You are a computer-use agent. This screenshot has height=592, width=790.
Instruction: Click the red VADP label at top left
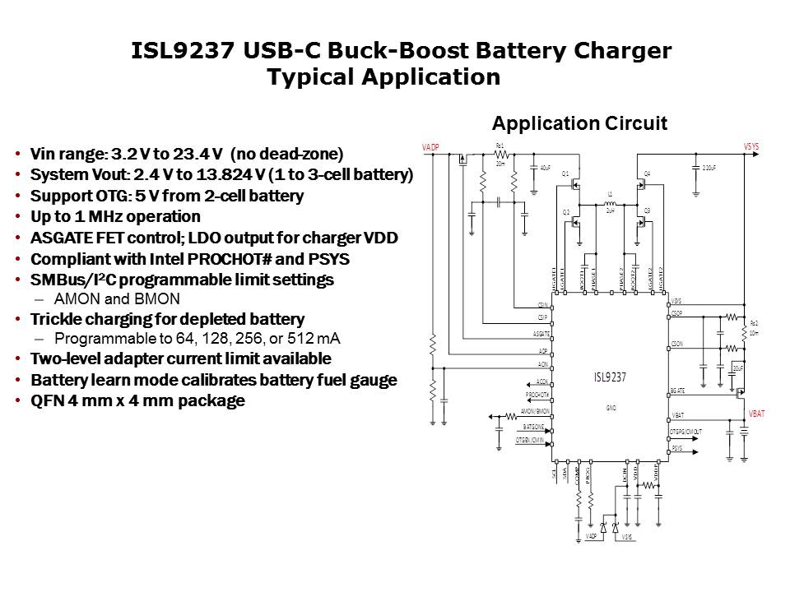tap(431, 146)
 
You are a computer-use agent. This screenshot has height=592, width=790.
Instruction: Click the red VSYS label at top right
tap(751, 146)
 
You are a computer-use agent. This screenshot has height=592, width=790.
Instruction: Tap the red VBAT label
tap(756, 414)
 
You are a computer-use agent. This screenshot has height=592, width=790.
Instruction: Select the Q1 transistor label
tap(565, 173)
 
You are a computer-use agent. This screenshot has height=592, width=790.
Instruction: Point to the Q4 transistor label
tap(648, 173)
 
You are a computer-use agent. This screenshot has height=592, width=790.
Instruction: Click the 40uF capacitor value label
tap(545, 168)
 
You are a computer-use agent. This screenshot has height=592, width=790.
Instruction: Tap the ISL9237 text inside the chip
tap(611, 377)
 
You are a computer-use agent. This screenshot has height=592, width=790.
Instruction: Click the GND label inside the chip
tap(611, 407)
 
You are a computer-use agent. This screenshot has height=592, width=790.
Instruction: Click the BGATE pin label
tap(678, 391)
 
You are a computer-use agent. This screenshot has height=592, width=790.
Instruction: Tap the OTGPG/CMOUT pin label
tap(686, 432)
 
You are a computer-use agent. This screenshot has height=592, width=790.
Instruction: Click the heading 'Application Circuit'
tap(579, 123)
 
